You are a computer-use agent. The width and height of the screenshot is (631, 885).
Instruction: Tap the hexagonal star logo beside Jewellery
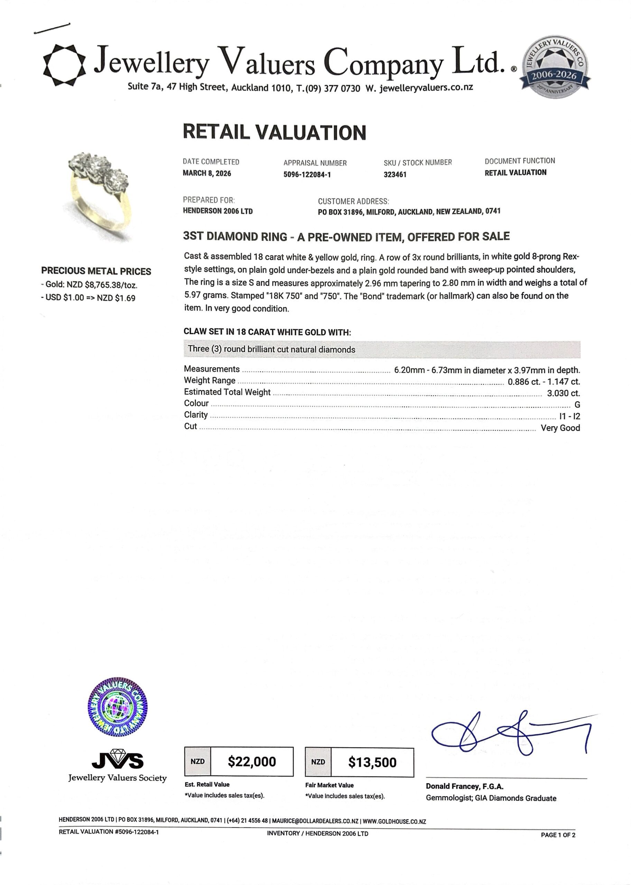pos(64,65)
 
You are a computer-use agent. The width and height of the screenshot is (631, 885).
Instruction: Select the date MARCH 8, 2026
pos(207,173)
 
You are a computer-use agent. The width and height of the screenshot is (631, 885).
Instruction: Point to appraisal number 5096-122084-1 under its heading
pos(307,175)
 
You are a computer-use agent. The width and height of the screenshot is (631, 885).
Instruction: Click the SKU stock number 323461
pos(395,175)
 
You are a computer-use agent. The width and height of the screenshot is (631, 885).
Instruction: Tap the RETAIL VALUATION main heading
pos(274,132)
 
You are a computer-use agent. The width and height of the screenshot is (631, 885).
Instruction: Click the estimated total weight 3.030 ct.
pos(563,393)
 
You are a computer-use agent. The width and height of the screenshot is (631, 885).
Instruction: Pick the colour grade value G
pos(577,405)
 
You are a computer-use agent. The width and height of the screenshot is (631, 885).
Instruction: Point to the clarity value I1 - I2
pos(569,417)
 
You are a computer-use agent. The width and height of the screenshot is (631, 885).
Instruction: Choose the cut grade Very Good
pos(560,428)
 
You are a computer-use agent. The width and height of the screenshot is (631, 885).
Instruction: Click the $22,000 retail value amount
pos(252,762)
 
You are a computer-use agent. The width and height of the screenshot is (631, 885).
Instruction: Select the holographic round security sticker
pos(118,707)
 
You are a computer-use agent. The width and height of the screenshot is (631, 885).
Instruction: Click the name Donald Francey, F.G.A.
pos(464,786)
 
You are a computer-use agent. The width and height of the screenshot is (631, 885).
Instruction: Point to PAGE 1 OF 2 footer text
pos(558,835)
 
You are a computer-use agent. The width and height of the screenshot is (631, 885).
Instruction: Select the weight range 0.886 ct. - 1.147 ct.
pos(544,382)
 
